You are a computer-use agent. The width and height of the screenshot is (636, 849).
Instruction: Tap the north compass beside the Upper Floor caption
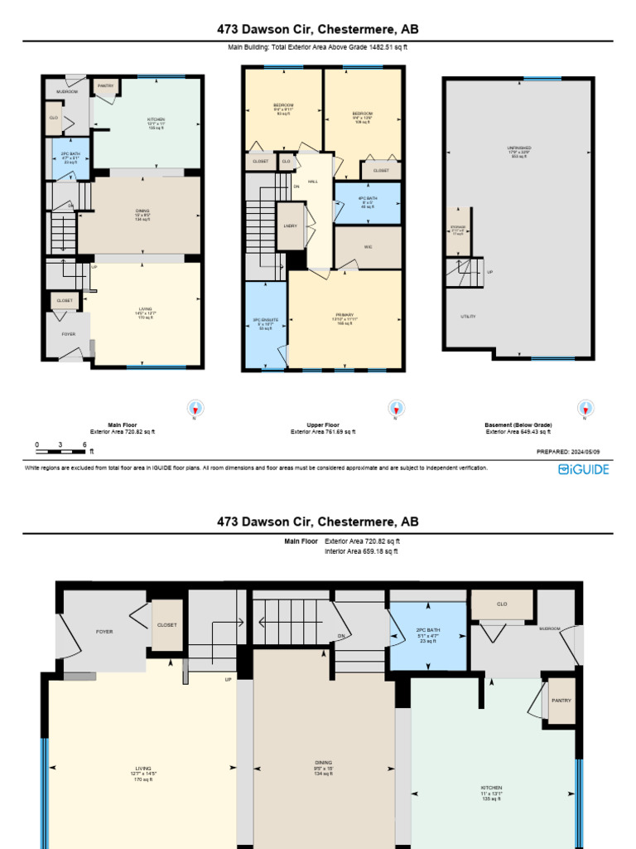point(397,408)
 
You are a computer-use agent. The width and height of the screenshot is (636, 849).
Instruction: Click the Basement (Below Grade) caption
point(518,425)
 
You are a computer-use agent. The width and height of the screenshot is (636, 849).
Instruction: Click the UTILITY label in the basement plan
point(469,317)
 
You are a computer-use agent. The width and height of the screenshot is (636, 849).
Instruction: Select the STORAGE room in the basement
point(457,230)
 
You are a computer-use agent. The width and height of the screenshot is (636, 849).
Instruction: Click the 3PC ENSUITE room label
point(264,323)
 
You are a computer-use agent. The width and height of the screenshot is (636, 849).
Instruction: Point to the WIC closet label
point(367,247)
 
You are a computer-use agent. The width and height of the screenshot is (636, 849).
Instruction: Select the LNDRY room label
point(291,226)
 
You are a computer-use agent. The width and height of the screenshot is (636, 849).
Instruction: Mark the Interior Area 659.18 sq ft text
point(360,551)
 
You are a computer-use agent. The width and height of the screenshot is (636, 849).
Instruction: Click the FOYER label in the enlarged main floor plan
point(104,632)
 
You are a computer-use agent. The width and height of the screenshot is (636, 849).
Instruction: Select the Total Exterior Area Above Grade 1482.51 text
point(318,48)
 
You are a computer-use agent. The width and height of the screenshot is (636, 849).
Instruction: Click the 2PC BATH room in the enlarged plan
point(427,634)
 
